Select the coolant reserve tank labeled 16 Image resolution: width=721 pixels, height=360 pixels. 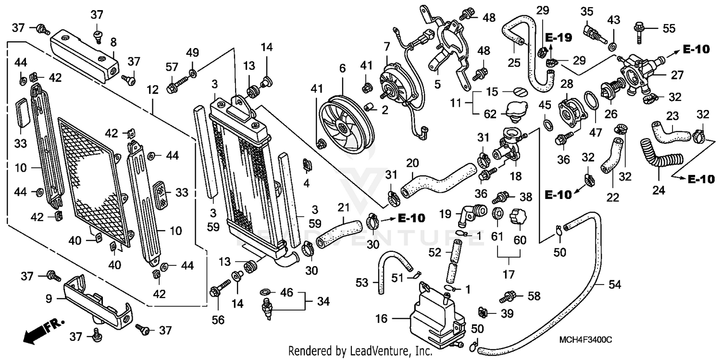435,317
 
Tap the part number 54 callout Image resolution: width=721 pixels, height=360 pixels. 615,285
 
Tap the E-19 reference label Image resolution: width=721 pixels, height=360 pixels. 559,38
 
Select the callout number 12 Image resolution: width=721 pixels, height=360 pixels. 152,89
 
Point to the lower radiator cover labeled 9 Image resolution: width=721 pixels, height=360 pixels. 99,300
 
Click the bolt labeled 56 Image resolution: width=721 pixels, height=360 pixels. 214,291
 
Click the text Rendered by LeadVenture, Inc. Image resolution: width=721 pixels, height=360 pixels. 360,352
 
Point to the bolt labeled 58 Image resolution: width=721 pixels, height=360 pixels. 509,297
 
